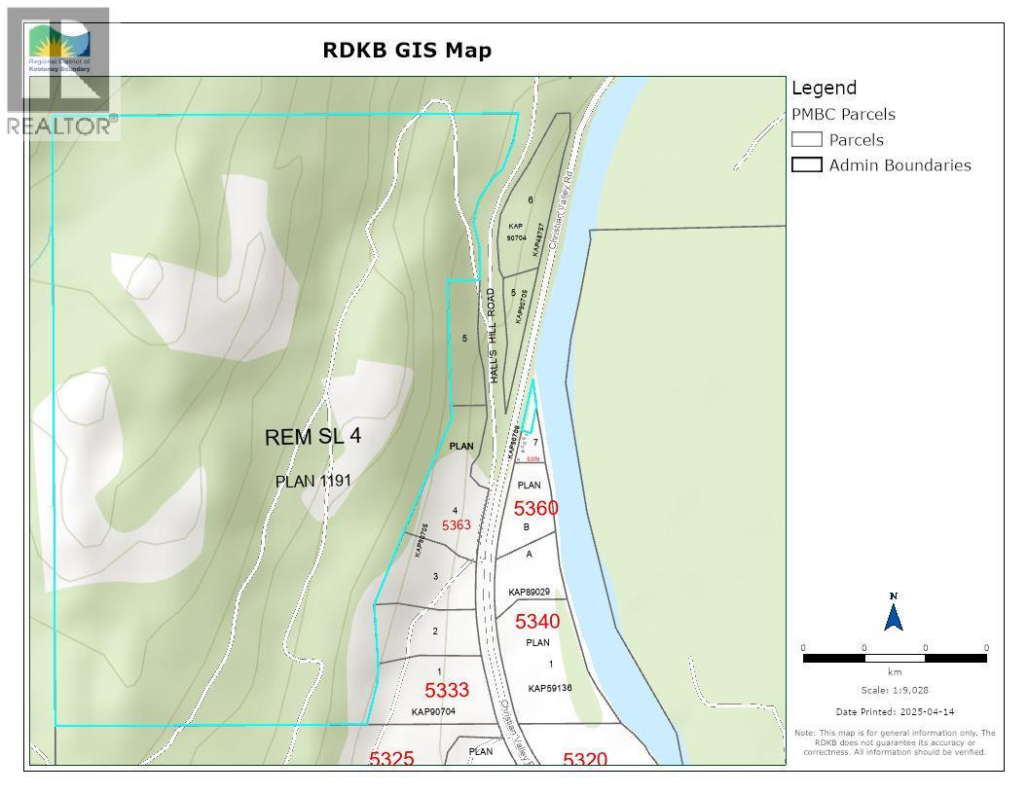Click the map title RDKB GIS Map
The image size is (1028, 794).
click(407, 50)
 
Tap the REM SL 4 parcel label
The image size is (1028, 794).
click(312, 437)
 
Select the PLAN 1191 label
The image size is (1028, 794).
click(313, 481)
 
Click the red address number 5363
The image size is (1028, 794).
click(456, 525)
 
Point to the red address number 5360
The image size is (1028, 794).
click(535, 508)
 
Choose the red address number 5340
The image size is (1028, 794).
click(537, 622)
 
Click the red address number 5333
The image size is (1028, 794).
click(447, 690)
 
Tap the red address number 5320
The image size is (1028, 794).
click(585, 759)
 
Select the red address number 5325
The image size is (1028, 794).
click(391, 758)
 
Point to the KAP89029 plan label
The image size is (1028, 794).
click(530, 592)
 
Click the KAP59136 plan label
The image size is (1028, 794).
click(550, 688)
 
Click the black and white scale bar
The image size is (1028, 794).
click(894, 659)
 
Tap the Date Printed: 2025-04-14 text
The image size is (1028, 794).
click(894, 712)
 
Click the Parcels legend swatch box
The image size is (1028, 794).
click(807, 139)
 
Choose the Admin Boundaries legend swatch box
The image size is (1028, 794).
click(807, 164)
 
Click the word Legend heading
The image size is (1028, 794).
click(824, 88)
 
